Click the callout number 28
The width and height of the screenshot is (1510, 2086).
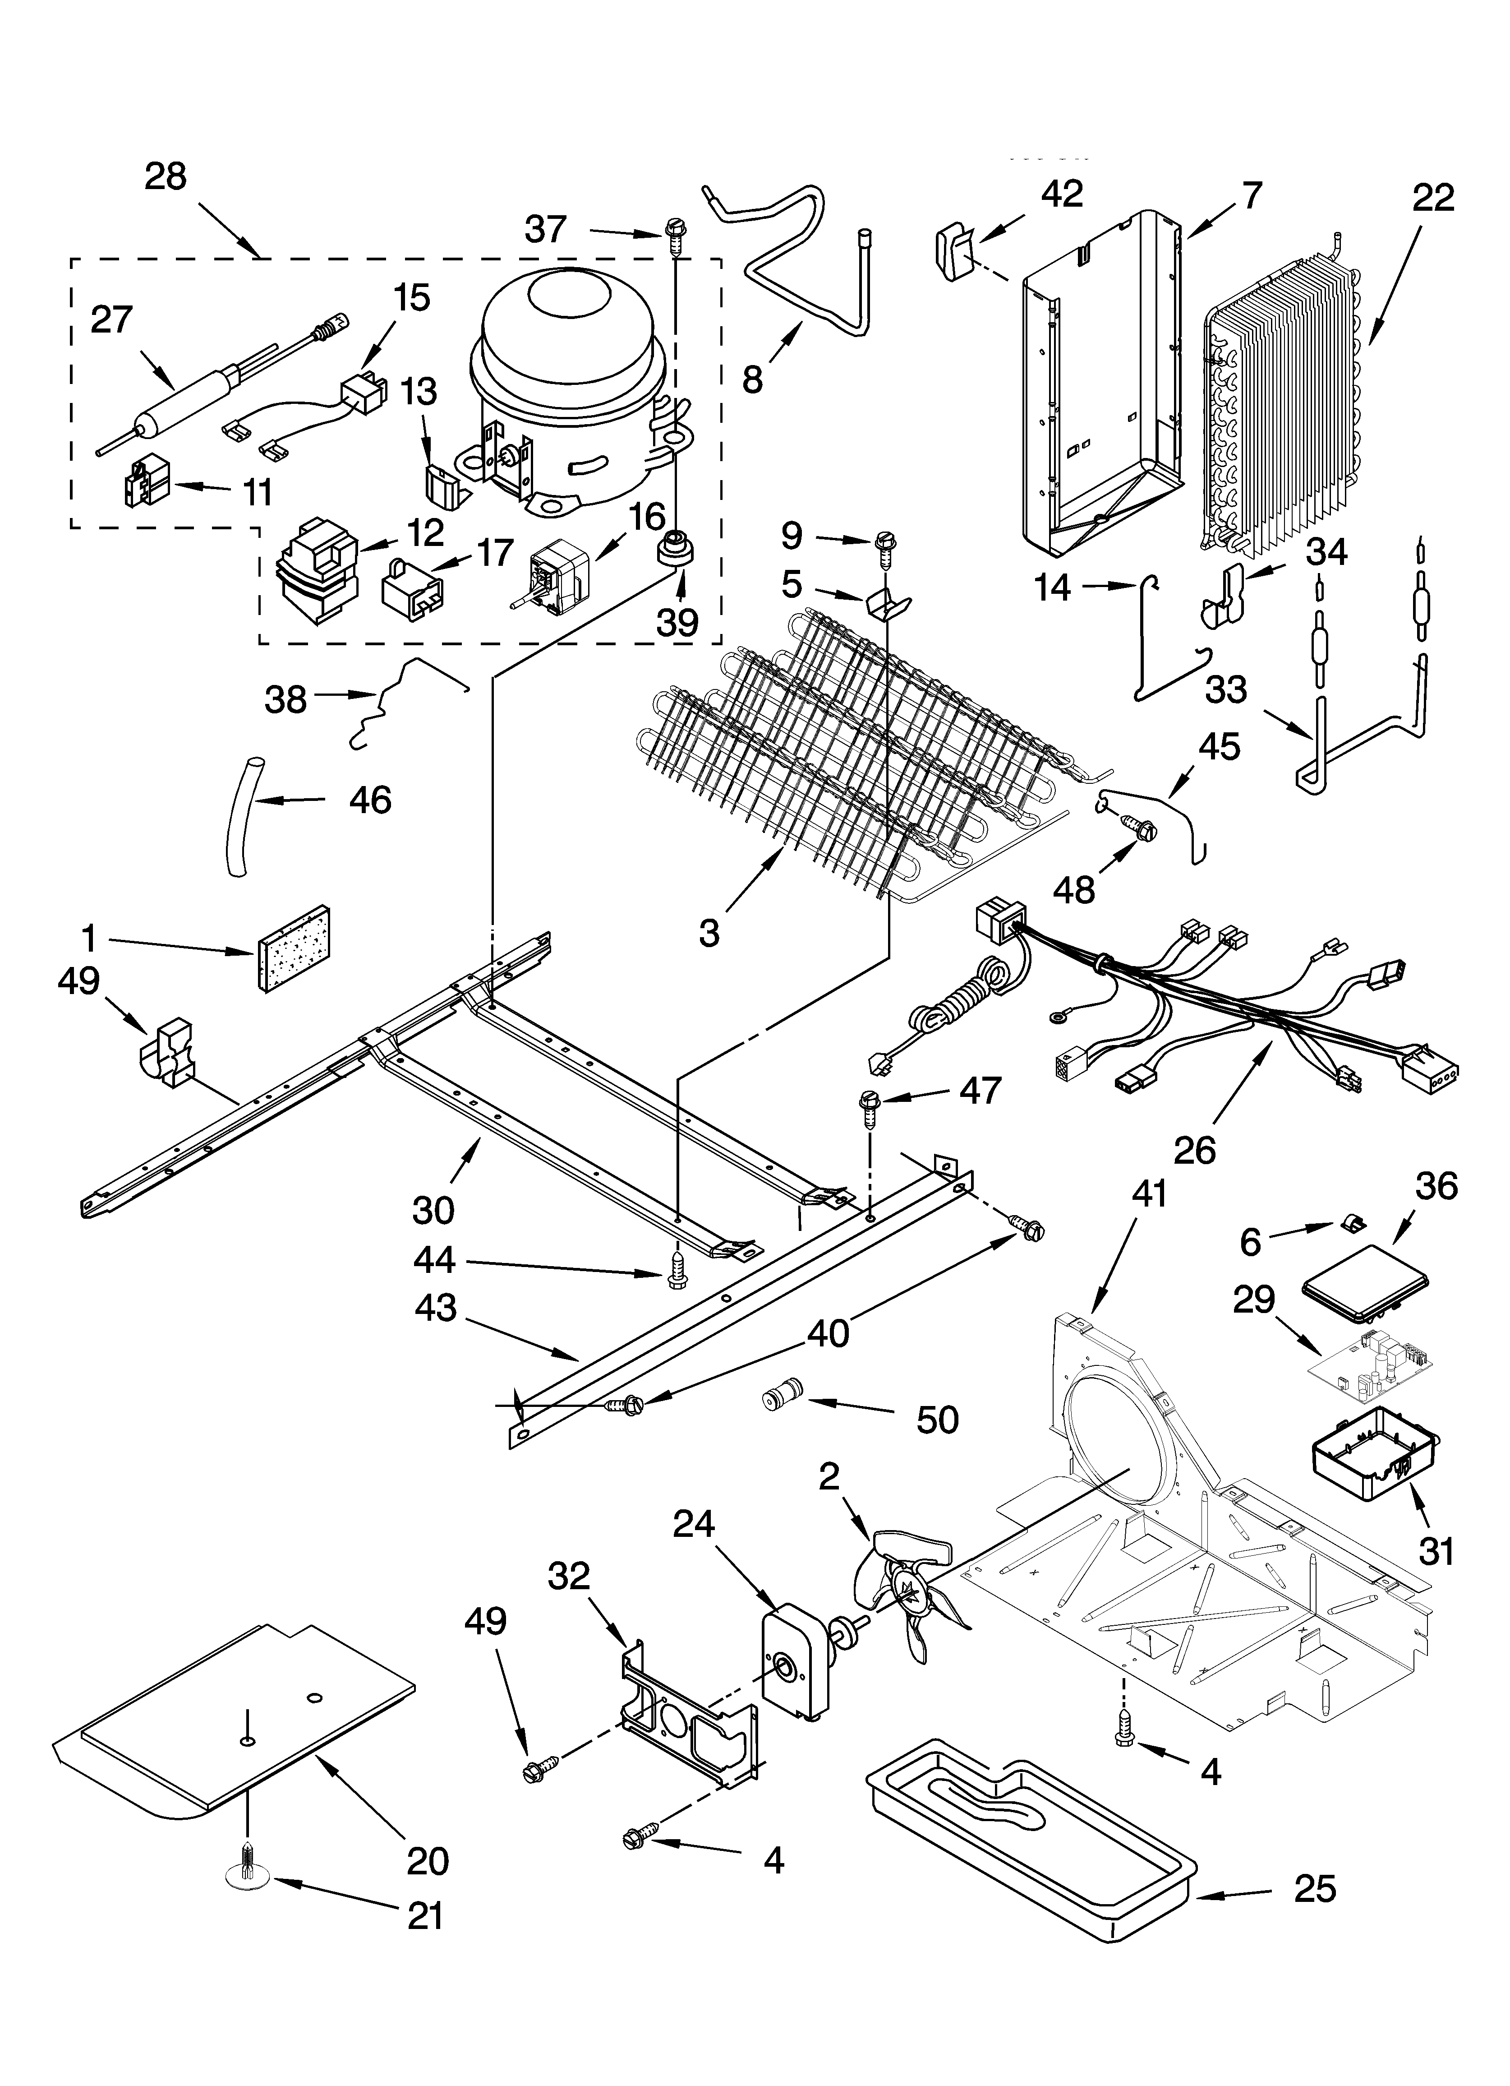coord(166,176)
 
